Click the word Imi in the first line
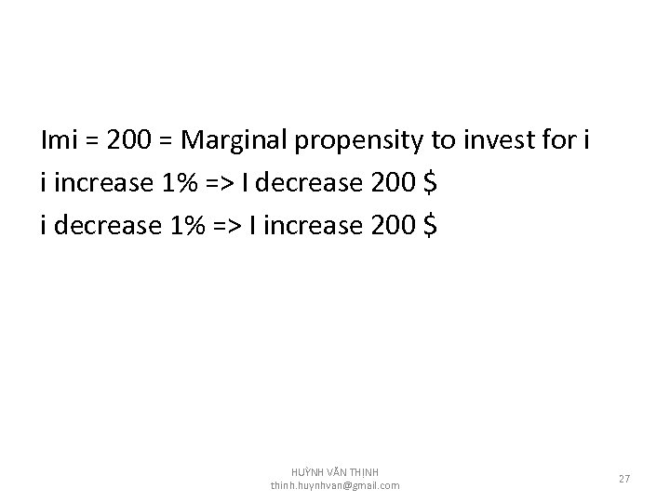[61, 140]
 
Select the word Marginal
[235, 140]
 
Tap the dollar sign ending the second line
[429, 183]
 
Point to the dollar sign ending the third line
[428, 225]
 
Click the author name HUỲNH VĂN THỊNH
[335, 473]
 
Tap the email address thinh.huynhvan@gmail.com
[335, 485]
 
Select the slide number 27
[624, 479]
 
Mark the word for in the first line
[554, 140]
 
